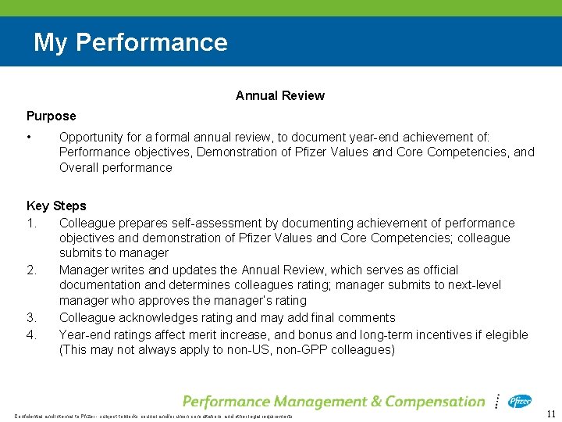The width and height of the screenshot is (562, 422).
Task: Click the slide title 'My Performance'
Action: coord(130,42)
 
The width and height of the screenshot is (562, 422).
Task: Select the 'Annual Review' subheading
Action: coord(279,95)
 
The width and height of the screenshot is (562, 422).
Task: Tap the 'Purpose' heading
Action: coord(52,116)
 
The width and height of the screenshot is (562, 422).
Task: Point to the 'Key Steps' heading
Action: coord(56,206)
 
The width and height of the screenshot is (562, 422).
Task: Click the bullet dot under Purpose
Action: coord(29,137)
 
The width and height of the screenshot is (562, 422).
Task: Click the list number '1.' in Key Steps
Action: coord(32,223)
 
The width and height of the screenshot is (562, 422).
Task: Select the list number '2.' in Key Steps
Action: coord(32,270)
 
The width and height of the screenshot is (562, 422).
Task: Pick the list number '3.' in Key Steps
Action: coord(32,317)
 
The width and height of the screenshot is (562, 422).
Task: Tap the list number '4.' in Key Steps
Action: coord(32,334)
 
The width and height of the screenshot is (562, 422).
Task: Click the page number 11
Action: coord(550,413)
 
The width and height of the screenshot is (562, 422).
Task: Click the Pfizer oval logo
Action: coord(520,401)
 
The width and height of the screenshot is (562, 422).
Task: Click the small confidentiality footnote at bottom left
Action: coord(152,416)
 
